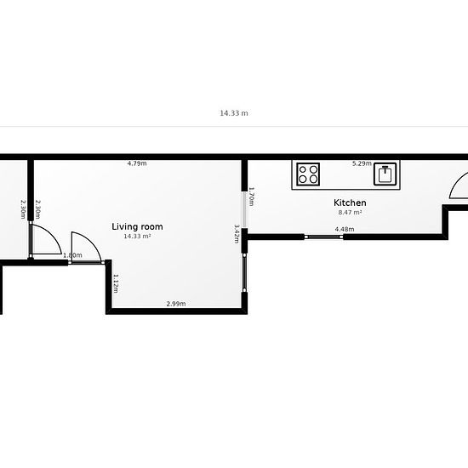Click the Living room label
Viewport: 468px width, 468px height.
(x=137, y=226)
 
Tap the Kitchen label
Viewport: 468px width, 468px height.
(x=350, y=203)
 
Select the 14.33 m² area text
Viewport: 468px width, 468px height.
(x=137, y=236)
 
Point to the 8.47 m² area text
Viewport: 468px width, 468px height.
(x=350, y=213)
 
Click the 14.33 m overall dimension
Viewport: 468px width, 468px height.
(x=234, y=113)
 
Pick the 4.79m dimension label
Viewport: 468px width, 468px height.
(x=137, y=163)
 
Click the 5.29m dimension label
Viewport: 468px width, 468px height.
(x=362, y=163)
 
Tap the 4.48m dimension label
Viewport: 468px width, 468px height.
(x=345, y=229)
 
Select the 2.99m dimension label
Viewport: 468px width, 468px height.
(x=176, y=304)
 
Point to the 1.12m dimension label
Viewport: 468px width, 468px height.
(x=116, y=283)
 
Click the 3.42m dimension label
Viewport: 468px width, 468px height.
(x=237, y=234)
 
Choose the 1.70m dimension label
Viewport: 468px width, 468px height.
(x=251, y=197)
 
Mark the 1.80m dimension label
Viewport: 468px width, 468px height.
(x=72, y=255)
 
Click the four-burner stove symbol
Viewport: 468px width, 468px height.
(x=308, y=174)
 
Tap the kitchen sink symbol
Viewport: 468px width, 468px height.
(x=385, y=174)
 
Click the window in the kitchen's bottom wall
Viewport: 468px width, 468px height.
(x=324, y=237)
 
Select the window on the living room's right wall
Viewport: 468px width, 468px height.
(x=244, y=273)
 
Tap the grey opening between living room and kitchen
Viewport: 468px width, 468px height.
(x=244, y=209)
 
